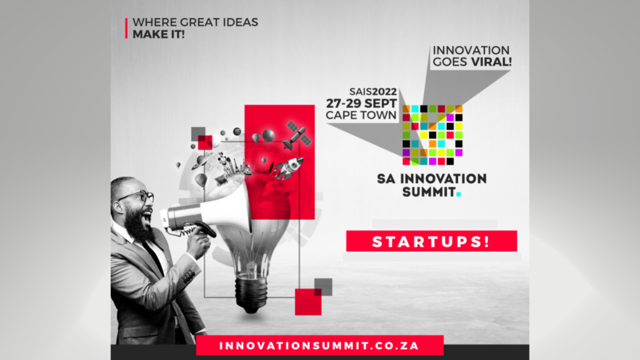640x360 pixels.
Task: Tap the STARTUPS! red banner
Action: pyautogui.click(x=431, y=241)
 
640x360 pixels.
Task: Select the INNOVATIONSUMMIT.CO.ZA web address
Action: pyautogui.click(x=319, y=346)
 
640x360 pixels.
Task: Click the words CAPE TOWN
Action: pyautogui.click(x=361, y=115)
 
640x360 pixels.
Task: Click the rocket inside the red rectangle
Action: pyautogui.click(x=289, y=167)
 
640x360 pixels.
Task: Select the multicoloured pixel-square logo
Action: pyautogui.click(x=432, y=135)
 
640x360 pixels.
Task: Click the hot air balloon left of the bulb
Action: pyautogui.click(x=201, y=180)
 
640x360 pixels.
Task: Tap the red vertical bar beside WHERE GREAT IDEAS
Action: pyautogui.click(x=127, y=28)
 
